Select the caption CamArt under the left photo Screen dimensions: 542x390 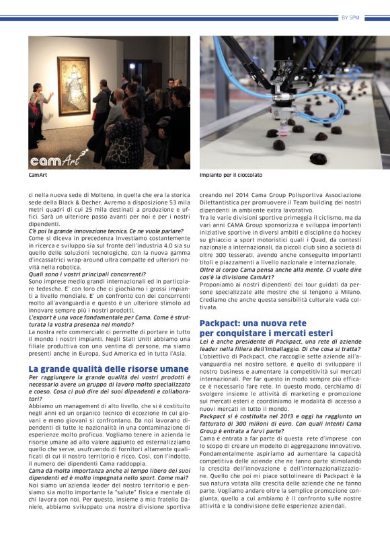tap(37, 175)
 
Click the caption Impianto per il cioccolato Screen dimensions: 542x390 tap(231, 175)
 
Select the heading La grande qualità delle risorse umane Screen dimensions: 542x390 tap(108, 369)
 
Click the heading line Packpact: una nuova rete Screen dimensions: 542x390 tap(253, 323)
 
